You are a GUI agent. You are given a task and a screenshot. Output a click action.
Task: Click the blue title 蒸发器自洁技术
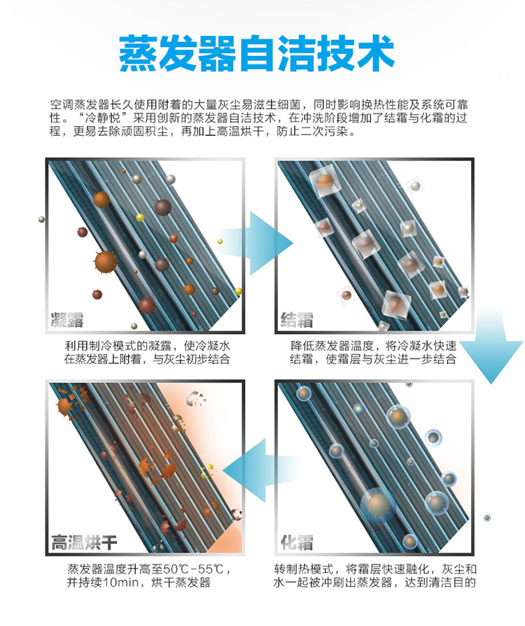point(257,53)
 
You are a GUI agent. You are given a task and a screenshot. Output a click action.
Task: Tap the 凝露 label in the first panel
point(67,320)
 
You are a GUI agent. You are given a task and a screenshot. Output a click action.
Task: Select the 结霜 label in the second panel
point(297,320)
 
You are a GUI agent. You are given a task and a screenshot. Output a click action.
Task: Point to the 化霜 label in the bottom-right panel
point(297,542)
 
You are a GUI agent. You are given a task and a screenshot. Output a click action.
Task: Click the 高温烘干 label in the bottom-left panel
point(84,542)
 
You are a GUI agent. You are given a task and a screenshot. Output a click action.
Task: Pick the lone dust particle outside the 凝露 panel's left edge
point(41,219)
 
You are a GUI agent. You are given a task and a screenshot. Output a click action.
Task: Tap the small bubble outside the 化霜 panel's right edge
point(486,517)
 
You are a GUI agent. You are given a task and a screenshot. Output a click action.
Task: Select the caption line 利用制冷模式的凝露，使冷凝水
point(147,345)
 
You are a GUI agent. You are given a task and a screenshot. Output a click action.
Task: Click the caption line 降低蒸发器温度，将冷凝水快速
point(373,345)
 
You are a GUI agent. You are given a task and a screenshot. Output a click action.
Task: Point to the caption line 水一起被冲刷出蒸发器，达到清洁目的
point(374,582)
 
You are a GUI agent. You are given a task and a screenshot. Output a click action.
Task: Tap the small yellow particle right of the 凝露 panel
point(220,241)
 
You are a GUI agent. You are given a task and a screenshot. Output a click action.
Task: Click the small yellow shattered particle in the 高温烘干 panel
point(208,471)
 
